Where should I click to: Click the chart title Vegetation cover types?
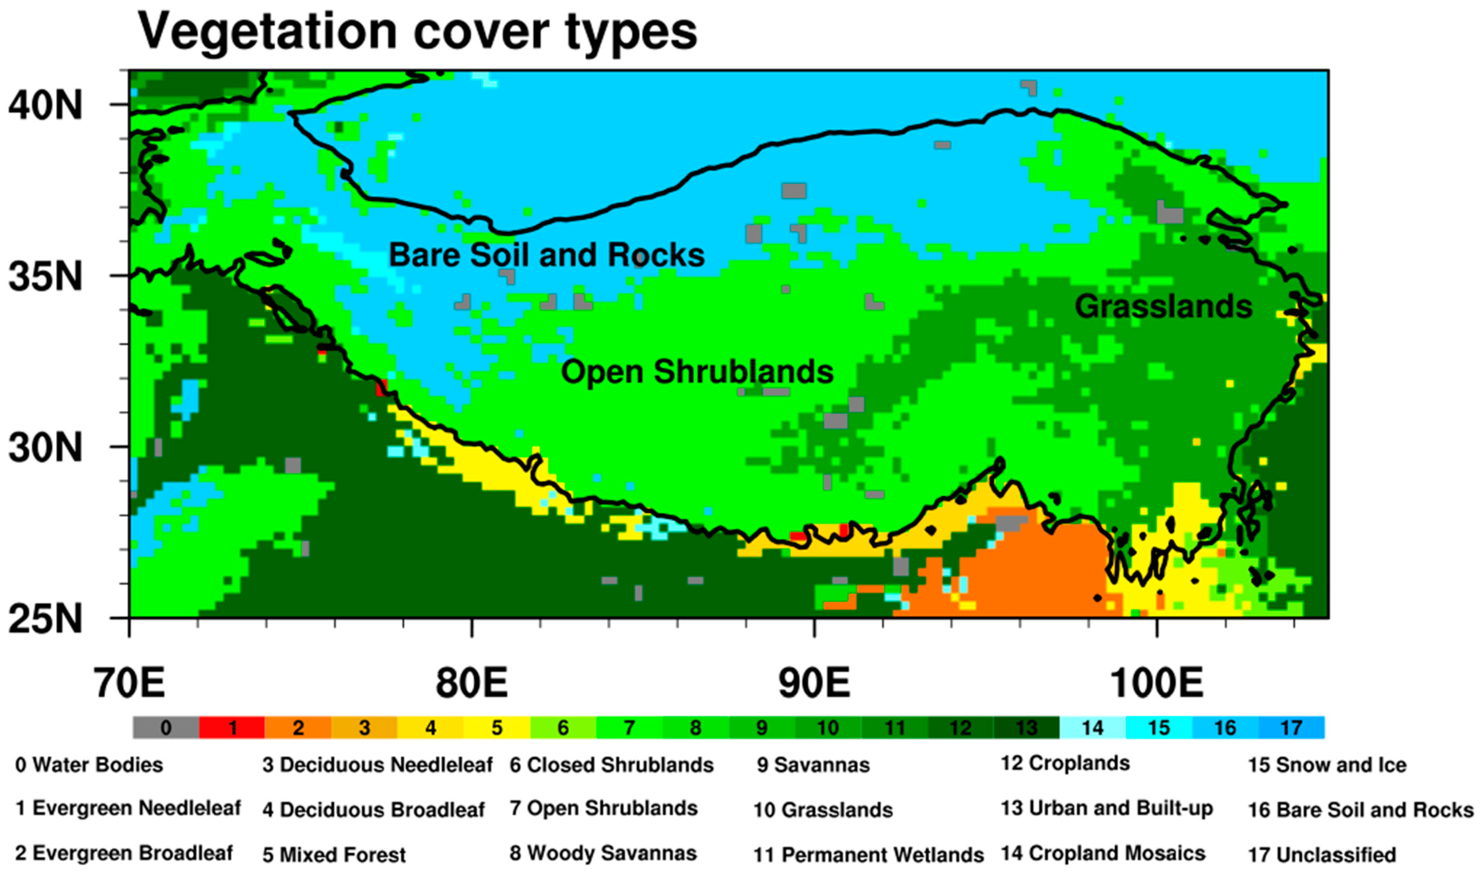[x=417, y=32]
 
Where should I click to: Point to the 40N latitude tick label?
[x=45, y=106]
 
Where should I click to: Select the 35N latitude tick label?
[x=45, y=277]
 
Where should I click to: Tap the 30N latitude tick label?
[x=45, y=448]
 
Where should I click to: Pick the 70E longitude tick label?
[x=129, y=683]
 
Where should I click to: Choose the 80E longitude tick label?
[x=472, y=683]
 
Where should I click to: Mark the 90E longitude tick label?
[x=814, y=683]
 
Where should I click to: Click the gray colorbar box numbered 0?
[x=166, y=728]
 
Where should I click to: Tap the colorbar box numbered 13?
[x=1026, y=728]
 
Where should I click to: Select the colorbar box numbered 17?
[x=1291, y=728]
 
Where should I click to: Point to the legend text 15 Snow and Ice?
[x=1327, y=765]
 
